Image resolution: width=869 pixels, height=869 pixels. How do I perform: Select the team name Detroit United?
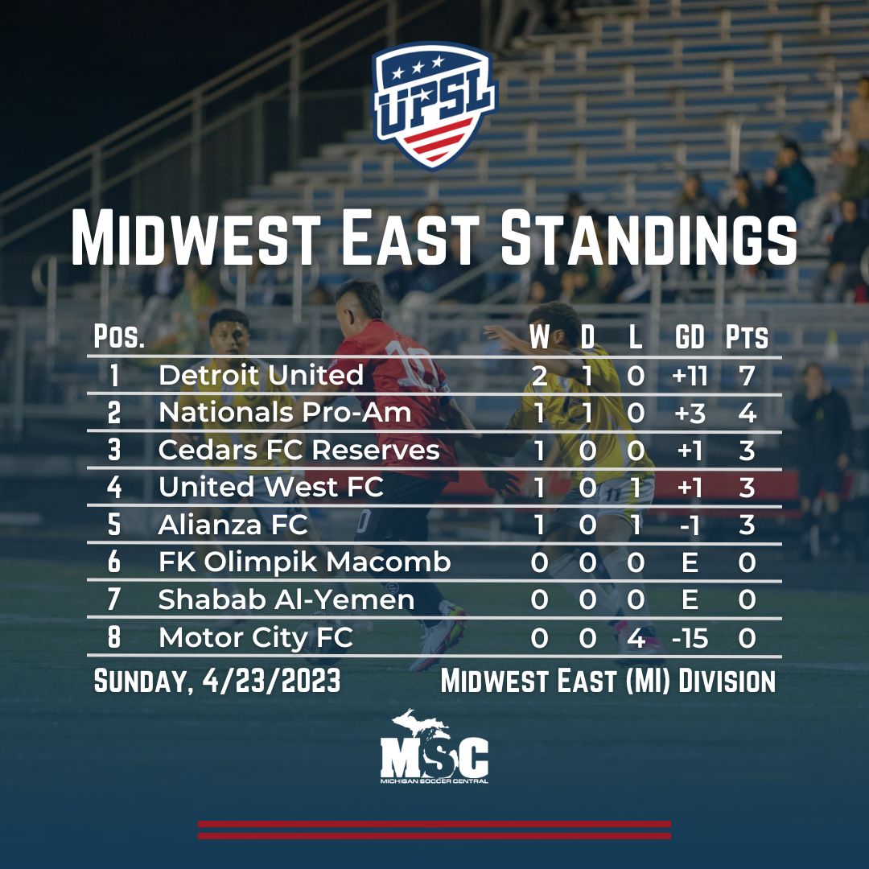261,375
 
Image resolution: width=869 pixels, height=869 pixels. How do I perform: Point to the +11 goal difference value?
689,375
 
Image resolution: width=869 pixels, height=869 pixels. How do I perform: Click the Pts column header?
746,337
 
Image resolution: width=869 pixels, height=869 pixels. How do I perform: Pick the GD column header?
689,337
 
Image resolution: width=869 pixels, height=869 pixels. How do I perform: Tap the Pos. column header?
119,337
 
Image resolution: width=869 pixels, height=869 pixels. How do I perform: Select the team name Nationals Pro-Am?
285,412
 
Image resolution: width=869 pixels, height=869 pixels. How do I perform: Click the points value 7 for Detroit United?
747,375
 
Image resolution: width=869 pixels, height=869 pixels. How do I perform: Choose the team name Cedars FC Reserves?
299,450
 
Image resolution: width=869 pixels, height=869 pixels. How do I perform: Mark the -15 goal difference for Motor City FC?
689,638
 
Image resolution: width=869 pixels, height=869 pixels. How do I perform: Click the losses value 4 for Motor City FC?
636,638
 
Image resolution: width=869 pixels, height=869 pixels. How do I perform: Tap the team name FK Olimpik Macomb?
304,562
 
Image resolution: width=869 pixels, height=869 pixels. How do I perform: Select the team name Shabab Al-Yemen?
286,600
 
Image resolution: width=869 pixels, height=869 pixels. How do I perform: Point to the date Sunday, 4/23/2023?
217,682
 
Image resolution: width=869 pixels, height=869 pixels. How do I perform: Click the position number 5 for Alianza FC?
114,525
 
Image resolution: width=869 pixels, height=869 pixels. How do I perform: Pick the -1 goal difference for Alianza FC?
690,525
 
